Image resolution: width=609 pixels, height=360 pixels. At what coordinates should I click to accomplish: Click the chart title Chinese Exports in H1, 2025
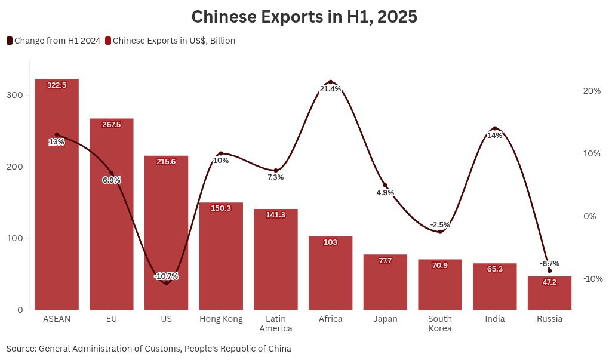click(x=304, y=17)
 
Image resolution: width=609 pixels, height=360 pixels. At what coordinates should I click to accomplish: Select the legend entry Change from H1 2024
click(x=53, y=41)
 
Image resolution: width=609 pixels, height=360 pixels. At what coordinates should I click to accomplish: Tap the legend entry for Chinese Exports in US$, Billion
click(x=170, y=41)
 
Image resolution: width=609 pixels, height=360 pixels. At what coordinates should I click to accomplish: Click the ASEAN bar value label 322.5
click(x=57, y=85)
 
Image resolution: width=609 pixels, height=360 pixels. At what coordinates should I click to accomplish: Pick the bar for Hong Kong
click(x=221, y=257)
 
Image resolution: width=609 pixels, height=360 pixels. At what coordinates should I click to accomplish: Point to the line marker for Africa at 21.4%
click(x=330, y=82)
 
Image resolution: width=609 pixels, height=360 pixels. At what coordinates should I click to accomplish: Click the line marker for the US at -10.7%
click(x=166, y=283)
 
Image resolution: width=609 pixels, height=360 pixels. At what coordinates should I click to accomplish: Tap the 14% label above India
click(x=494, y=136)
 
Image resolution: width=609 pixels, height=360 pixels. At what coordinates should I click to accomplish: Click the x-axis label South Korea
click(x=440, y=324)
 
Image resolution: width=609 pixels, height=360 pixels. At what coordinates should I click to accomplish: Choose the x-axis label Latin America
click(x=276, y=324)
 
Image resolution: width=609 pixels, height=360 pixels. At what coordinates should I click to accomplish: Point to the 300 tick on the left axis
click(x=16, y=95)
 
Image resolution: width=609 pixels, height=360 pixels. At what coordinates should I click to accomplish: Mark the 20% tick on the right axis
click(x=592, y=91)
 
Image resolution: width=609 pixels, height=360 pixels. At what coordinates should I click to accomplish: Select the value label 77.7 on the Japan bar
click(x=385, y=261)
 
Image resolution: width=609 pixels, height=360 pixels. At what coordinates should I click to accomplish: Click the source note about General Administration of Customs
click(x=149, y=348)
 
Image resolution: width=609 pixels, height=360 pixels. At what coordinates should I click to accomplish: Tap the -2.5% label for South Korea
click(x=440, y=225)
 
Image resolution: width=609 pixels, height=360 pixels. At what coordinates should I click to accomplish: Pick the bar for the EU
click(x=112, y=215)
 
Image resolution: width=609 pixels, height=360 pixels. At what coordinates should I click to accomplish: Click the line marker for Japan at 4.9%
click(x=385, y=186)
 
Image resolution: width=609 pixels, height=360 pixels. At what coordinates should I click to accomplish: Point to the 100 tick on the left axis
click(x=16, y=238)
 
